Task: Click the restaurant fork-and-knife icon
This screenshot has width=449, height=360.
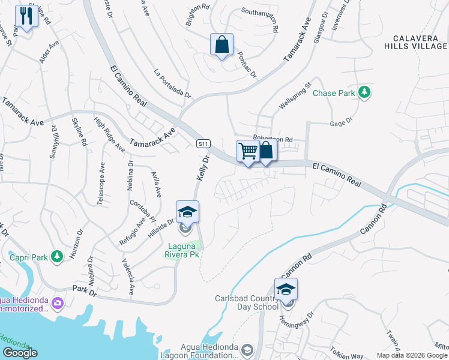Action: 26,16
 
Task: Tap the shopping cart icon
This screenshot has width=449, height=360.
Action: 248,151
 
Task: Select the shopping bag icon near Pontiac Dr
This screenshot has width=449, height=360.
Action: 221,44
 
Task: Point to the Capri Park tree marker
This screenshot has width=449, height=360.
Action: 57,257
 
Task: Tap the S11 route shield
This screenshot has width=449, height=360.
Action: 203,143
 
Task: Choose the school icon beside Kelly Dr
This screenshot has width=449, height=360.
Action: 187,212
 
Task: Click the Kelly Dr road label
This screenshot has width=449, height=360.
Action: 202,169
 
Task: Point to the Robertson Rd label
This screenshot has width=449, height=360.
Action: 272,139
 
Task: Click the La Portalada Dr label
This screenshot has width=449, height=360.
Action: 172,85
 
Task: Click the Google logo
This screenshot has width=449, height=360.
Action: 20,353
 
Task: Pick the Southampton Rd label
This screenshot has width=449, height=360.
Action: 260,20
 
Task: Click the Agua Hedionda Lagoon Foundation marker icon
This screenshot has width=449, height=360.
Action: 247,349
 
